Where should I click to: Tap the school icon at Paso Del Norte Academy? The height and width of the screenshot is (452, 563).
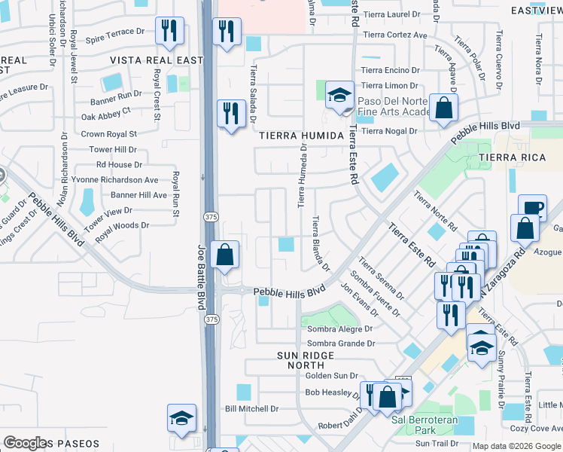click(339, 95)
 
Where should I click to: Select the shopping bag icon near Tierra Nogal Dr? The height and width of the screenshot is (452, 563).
click(443, 107)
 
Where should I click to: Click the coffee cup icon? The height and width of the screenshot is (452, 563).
click(531, 207)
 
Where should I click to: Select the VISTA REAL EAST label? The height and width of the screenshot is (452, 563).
click(157, 60)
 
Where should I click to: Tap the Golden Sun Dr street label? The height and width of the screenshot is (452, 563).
click(331, 375)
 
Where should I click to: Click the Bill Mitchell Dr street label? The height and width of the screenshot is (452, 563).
click(252, 409)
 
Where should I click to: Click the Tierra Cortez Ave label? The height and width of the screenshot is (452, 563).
click(394, 35)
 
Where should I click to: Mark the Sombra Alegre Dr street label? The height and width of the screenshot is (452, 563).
click(338, 329)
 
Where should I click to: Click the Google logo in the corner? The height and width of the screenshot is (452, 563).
click(25, 443)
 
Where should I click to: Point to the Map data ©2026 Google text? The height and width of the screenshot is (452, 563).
click(516, 446)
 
